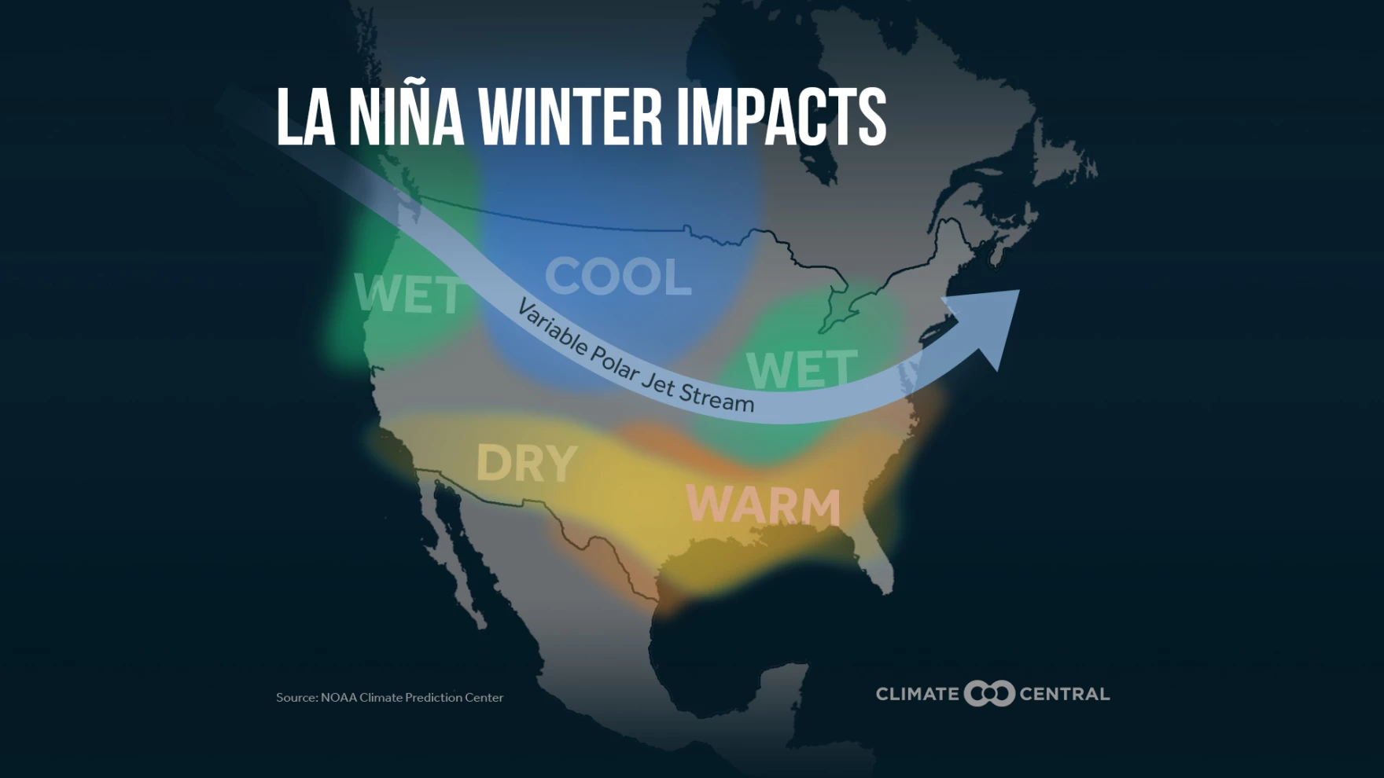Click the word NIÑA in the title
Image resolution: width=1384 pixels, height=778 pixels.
click(406, 117)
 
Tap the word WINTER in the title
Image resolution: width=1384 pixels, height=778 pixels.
click(571, 117)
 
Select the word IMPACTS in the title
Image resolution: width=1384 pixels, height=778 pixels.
click(781, 117)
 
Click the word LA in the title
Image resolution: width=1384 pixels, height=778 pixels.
click(305, 117)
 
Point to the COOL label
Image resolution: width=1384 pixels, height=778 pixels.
click(618, 277)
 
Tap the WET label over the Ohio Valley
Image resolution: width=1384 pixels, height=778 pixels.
click(801, 369)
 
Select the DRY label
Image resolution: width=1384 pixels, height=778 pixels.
click(527, 464)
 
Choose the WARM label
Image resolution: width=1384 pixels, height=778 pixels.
click(764, 505)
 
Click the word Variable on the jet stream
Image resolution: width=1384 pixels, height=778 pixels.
click(551, 328)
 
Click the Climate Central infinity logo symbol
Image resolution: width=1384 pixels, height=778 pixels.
click(989, 694)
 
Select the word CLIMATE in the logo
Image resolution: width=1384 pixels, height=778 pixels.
click(917, 695)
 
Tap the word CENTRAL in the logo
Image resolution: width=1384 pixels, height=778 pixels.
click(1065, 695)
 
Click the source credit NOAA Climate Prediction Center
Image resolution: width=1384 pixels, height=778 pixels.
click(389, 698)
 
